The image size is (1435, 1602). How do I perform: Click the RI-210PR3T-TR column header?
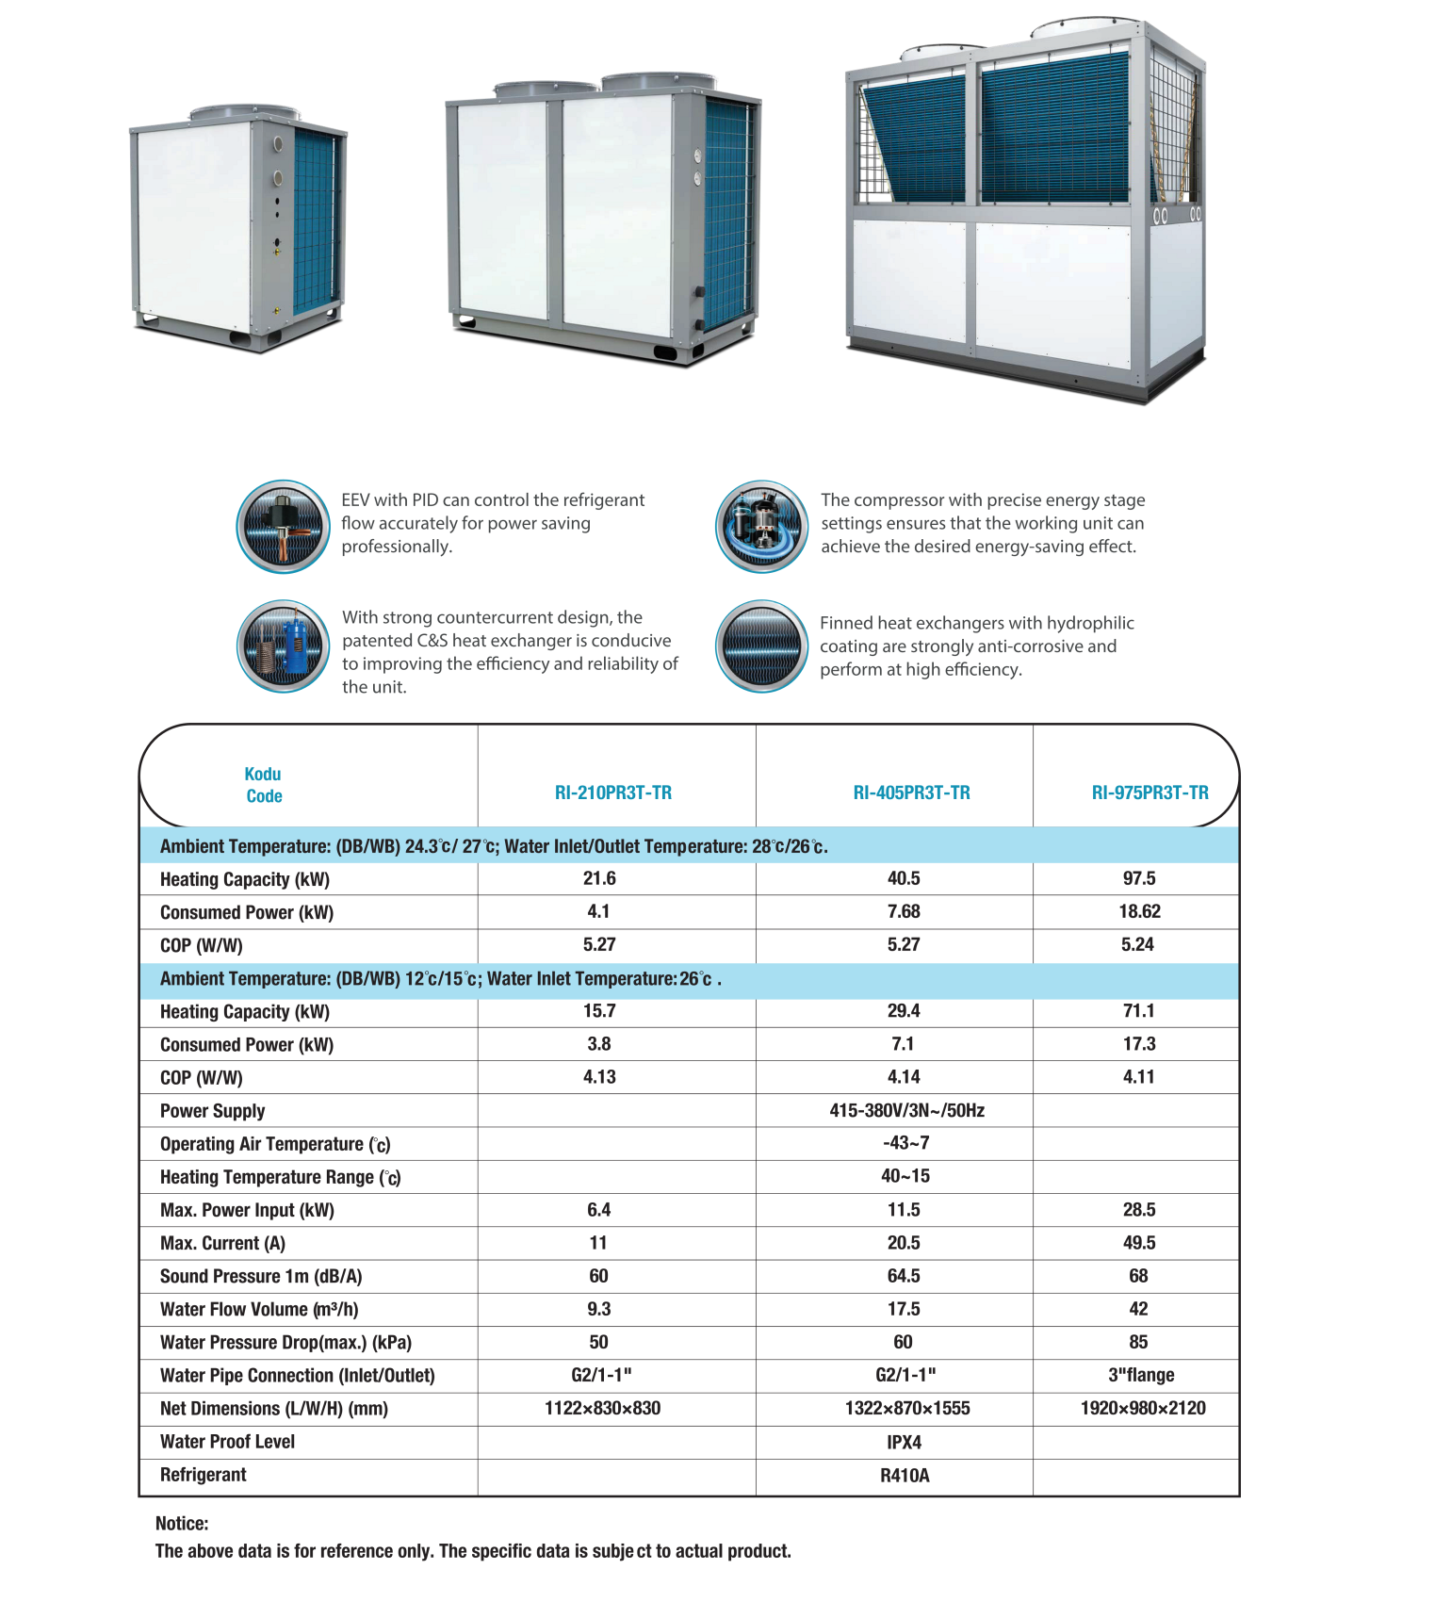[x=612, y=793]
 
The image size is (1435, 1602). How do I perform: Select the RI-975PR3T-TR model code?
[x=1150, y=793]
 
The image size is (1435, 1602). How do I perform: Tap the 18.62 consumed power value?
[x=1139, y=911]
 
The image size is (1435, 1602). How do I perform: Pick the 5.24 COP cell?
[x=1137, y=944]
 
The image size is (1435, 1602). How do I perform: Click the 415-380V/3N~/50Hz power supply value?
[x=906, y=1110]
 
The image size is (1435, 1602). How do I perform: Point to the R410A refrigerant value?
[x=905, y=1475]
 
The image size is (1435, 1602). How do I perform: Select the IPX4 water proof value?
[x=904, y=1442]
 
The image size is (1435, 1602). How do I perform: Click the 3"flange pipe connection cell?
[x=1141, y=1375]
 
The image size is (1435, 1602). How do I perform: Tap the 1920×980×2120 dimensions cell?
[x=1143, y=1408]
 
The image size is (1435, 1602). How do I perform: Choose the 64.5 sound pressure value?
[x=904, y=1276]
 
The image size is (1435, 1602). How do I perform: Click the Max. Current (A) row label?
[x=222, y=1243]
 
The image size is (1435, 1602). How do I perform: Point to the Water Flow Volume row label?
[x=259, y=1309]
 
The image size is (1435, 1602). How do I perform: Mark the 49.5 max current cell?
[x=1139, y=1243]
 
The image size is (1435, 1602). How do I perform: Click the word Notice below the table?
[x=182, y=1523]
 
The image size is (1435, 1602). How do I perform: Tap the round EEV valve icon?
[x=283, y=527]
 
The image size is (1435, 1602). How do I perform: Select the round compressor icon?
[x=761, y=527]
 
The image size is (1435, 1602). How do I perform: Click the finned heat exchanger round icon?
[x=761, y=646]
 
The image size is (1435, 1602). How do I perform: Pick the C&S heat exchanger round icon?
[x=283, y=646]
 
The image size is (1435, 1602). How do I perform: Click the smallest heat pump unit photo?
[x=239, y=227]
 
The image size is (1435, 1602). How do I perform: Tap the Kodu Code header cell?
[x=264, y=785]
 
